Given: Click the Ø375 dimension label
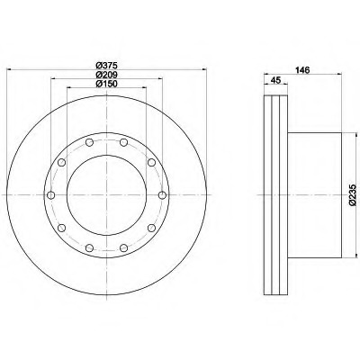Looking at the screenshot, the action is (106, 65).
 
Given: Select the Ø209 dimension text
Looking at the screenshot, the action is (106, 75).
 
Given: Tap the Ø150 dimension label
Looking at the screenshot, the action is (106, 84).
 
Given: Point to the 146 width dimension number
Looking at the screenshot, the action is (302, 70).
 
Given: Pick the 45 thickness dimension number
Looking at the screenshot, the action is (275, 80).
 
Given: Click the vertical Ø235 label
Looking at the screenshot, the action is (353, 195).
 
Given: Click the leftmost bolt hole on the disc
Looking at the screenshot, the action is (51, 195).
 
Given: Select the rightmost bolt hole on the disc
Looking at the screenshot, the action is (162, 195).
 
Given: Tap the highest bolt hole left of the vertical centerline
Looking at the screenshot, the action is (89, 142).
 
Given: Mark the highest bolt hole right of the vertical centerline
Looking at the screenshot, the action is (123, 142).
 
